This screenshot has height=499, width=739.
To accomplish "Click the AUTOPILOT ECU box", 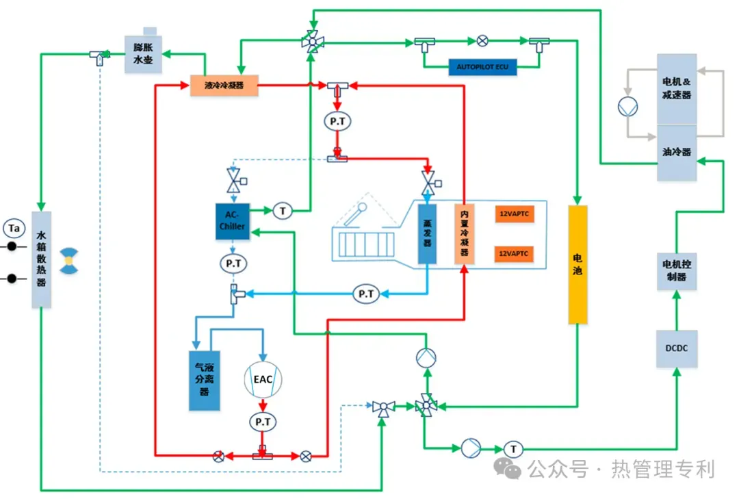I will tap(482, 67).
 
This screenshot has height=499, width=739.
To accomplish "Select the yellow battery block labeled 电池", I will tap(578, 264).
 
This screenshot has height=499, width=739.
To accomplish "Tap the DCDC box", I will tap(677, 348).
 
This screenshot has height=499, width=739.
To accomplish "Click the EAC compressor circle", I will tap(263, 379).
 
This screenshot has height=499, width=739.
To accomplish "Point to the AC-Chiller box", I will tap(232, 221).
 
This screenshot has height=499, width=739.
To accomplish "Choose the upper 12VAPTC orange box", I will tap(513, 214).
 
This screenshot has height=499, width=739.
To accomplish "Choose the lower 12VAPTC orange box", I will tap(513, 254).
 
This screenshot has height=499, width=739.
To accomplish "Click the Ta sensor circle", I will tap(13, 227).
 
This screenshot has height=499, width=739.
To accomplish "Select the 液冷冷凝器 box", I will tap(224, 86).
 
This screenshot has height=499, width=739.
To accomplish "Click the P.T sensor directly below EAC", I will tap(263, 422).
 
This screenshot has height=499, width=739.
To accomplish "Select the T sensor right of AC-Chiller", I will tap(283, 211).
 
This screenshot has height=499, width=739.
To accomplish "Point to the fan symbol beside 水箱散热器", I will tap(68, 261).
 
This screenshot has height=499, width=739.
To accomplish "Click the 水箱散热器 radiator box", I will tap(41, 259).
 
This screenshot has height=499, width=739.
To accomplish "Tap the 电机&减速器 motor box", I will tap(677, 89).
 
